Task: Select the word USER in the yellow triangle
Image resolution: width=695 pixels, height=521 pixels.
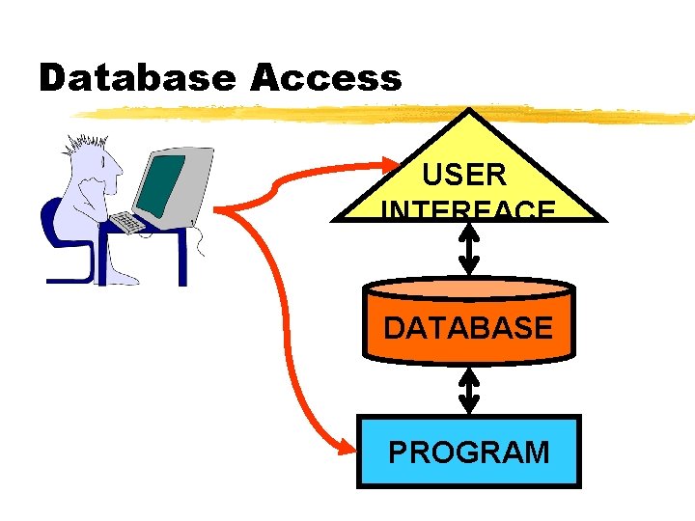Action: coord(464,176)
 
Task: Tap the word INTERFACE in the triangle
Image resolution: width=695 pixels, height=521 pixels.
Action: coord(468,211)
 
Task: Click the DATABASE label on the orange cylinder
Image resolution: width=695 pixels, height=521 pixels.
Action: coord(468,328)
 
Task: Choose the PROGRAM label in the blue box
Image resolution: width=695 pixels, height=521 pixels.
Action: coord(469,452)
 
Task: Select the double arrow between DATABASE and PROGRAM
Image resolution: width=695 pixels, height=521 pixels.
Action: coord(469,391)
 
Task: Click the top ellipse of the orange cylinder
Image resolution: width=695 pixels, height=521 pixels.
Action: coord(468,288)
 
